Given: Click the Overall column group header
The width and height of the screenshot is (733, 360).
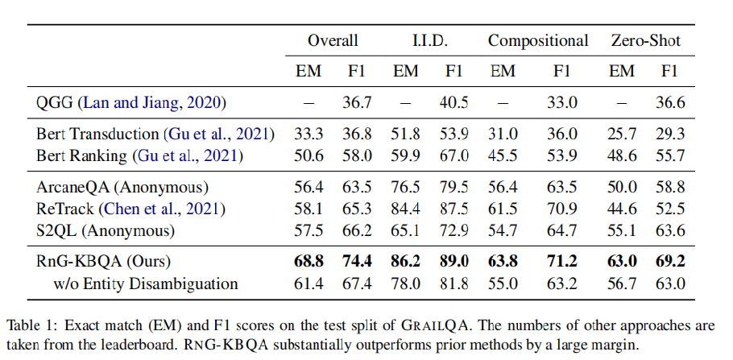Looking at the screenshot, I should point(333,41).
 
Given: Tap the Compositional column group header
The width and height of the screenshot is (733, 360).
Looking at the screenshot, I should point(538,41).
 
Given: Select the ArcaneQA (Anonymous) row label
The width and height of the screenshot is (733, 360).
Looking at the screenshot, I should point(111,188).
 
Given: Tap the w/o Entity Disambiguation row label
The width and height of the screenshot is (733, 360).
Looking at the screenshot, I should point(146,283).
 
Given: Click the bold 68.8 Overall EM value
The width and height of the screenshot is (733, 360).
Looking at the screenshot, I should point(309,262).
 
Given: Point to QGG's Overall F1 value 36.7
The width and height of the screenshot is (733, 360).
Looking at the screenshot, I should point(357,102).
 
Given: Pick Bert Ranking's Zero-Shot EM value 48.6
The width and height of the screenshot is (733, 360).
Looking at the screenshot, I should point(621,155).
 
